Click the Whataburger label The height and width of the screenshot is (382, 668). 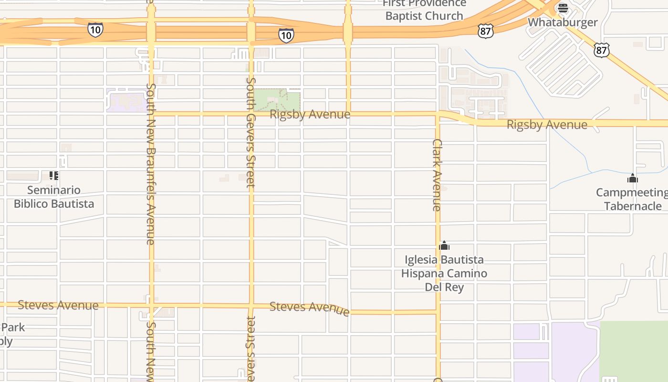563,22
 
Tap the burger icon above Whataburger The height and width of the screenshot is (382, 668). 563,8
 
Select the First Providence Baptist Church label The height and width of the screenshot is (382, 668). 424,10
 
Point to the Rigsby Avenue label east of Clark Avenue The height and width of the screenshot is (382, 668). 547,125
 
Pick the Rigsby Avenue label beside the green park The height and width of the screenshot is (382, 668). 310,115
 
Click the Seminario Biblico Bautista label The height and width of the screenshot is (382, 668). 54,197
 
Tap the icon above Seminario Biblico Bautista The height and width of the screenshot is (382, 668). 54,176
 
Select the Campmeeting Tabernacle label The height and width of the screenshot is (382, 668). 633,199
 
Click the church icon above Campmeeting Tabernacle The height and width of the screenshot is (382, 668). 633,179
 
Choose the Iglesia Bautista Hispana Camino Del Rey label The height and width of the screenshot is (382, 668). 444,273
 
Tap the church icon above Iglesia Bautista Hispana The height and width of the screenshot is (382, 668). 444,246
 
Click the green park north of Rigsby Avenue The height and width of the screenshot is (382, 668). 276,100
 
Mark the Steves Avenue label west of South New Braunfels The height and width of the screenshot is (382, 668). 58,305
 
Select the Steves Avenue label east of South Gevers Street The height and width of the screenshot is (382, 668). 309,308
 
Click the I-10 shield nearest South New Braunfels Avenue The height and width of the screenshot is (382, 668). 95,30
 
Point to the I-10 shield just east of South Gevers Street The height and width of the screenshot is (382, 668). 286,35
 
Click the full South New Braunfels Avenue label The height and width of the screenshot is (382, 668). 151,164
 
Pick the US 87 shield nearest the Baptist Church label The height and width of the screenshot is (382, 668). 485,32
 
